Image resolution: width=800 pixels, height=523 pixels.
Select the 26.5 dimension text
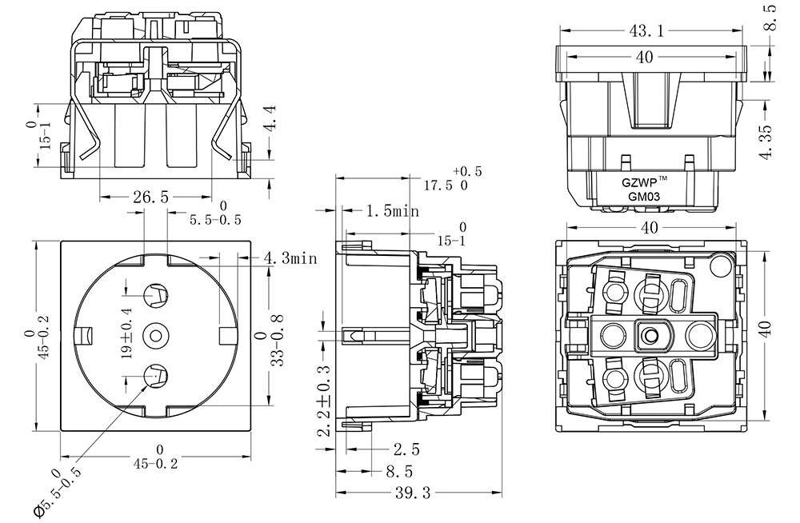pos(144,198)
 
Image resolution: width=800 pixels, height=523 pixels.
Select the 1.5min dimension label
pos(392,212)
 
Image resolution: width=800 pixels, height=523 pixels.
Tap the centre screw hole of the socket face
pos(154,335)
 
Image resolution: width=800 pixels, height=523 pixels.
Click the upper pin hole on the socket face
pos(154,297)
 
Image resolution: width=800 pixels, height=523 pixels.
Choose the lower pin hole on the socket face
pos(154,373)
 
